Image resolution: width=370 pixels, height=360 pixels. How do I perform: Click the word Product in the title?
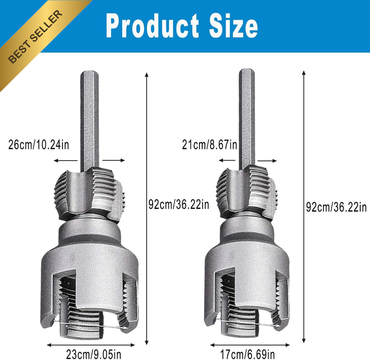point(153,25)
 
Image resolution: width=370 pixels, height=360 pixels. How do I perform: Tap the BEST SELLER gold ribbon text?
point(36,37)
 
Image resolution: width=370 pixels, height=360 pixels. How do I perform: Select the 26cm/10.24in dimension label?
point(39,144)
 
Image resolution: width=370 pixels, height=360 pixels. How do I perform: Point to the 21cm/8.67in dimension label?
point(210,144)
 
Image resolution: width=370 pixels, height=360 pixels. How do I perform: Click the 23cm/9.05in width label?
point(93,354)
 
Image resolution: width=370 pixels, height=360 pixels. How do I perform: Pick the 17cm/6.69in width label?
point(247,354)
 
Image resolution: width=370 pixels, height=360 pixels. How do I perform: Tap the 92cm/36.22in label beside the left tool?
point(179,204)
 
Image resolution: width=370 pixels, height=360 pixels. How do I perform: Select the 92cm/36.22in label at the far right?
point(337,207)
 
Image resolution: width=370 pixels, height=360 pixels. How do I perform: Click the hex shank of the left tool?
point(89,121)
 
